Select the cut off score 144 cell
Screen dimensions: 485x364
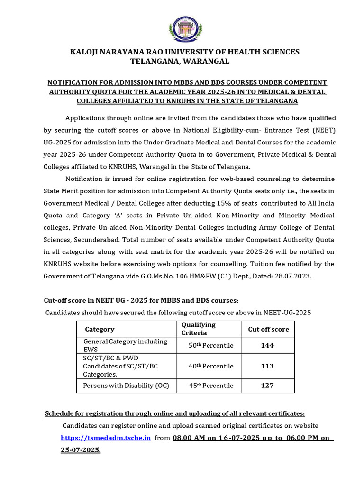pos(267,345)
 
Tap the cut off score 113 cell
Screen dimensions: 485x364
pos(267,366)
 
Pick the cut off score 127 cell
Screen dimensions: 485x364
pos(267,386)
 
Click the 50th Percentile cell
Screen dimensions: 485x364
pos(211,345)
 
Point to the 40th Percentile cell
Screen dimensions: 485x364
pos(211,366)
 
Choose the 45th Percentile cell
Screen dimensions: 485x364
pos(211,386)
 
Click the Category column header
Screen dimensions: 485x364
pos(100,329)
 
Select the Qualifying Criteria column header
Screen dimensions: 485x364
pos(199,329)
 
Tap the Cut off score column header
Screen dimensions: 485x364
pos(268,329)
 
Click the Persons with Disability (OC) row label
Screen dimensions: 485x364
pos(126,386)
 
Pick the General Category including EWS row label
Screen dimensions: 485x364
pos(125,345)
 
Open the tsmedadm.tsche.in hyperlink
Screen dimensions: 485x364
pos(106,438)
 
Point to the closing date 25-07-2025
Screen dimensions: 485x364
pos(80,450)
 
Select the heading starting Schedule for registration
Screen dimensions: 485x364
pos(175,413)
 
